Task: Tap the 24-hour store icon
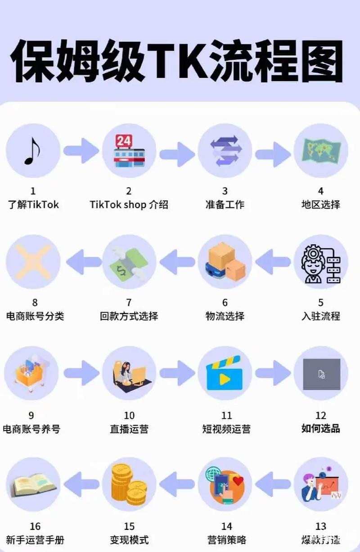(129, 150)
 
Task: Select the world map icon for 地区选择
(321, 150)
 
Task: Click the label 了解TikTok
(33, 205)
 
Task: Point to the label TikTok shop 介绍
(129, 205)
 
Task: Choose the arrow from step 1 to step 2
(81, 150)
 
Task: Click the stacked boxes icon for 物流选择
(225, 262)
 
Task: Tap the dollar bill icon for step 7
(129, 262)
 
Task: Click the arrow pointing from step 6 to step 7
(177, 262)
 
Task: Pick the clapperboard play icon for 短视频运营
(225, 373)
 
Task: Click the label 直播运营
(129, 429)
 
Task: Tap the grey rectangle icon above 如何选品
(321, 373)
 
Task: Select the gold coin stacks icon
(129, 484)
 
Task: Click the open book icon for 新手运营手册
(32, 484)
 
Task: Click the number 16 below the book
(35, 526)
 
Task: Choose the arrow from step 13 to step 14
(273, 484)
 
